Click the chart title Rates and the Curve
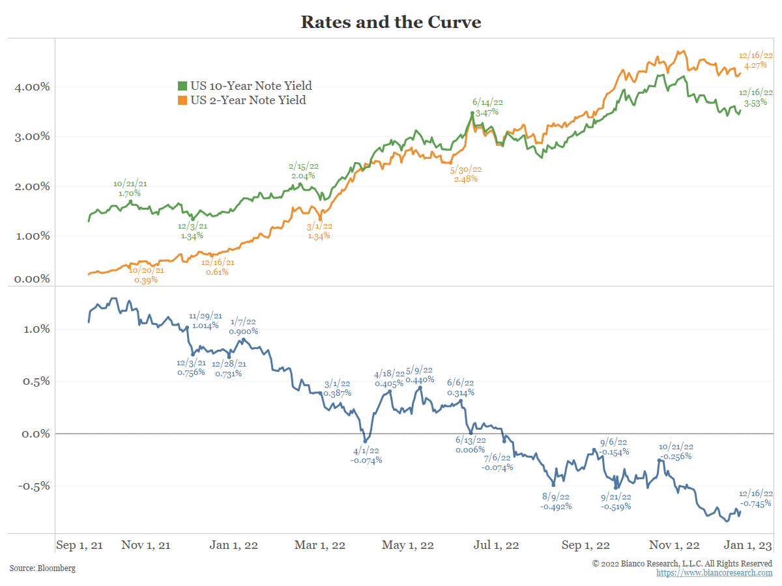(390, 22)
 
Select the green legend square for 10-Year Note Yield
(183, 86)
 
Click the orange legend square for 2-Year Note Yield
(183, 100)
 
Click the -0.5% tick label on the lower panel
(33, 486)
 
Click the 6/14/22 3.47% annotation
(487, 107)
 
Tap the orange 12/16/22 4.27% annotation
(755, 61)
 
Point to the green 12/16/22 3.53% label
(755, 97)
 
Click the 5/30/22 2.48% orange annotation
(466, 174)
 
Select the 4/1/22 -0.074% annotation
(366, 455)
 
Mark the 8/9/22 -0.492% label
(556, 501)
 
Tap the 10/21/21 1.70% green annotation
(130, 188)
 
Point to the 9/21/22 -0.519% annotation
(616, 501)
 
